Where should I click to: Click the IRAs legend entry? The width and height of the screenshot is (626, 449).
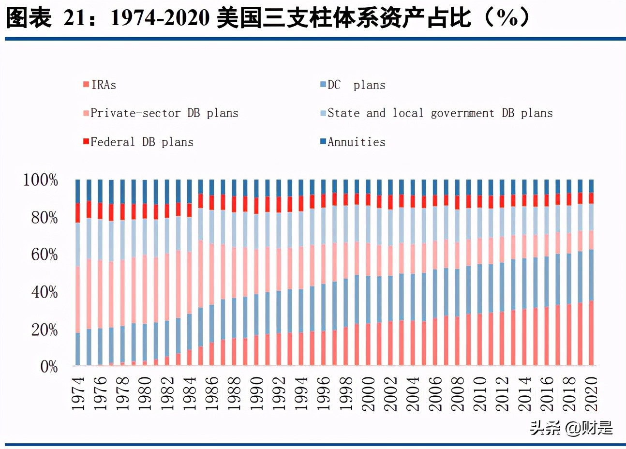[100, 85]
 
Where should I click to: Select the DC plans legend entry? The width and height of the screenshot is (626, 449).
[353, 85]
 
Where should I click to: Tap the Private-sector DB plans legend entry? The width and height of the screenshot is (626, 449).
[161, 113]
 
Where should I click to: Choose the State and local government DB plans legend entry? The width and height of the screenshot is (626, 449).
[436, 113]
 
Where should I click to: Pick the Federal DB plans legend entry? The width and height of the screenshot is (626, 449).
[138, 142]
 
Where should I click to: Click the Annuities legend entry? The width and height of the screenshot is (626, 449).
[353, 142]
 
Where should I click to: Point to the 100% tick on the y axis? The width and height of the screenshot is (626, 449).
[41, 180]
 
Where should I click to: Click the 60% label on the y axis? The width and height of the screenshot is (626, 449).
[44, 254]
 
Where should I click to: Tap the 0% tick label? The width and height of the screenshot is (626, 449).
[48, 367]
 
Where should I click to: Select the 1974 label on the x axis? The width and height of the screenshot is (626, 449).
[78, 394]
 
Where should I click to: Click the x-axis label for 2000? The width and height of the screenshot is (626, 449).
[369, 394]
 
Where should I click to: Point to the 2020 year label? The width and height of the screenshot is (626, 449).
[591, 394]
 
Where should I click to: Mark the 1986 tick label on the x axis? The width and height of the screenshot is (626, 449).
[212, 394]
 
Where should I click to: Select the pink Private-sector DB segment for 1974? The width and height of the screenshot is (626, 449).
[78, 299]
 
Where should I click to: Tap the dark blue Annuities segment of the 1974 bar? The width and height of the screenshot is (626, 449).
[78, 191]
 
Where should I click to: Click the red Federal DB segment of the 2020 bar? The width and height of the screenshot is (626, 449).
[591, 197]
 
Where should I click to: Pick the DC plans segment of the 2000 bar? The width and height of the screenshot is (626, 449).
[369, 299]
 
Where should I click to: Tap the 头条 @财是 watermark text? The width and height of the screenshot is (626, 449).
[571, 428]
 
